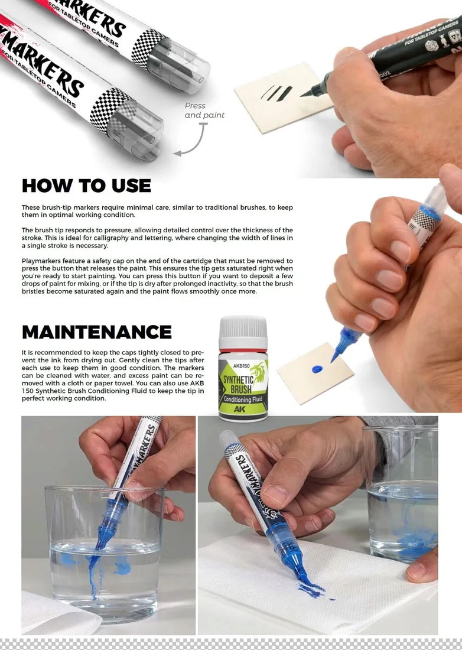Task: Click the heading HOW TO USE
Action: (86, 186)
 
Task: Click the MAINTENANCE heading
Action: (96, 331)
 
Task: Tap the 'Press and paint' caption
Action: (204, 110)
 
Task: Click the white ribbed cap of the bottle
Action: (243, 327)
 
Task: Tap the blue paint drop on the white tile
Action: (317, 369)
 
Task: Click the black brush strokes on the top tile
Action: (276, 93)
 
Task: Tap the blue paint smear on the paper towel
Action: (311, 587)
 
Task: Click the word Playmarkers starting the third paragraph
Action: (41, 261)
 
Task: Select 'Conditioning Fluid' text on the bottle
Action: (242, 399)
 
